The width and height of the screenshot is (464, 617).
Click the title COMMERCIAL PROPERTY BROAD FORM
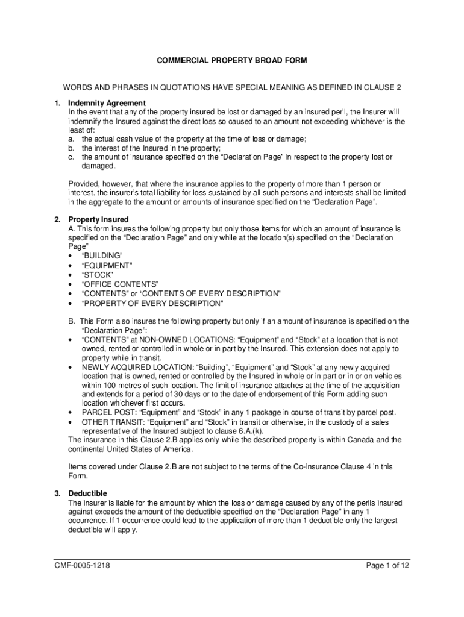click(232, 61)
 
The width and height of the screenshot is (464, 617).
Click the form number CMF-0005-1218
click(81, 566)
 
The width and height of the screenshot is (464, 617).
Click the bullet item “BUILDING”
click(101, 256)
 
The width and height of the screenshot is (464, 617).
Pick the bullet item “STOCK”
click(97, 275)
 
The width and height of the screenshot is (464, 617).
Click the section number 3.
click(56, 493)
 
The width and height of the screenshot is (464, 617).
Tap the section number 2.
click(56, 220)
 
